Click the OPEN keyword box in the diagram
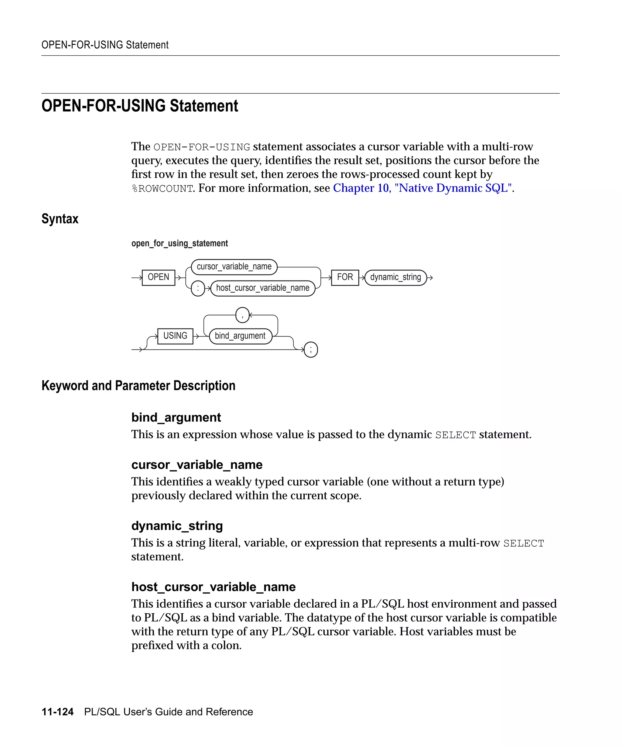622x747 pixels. [x=158, y=277]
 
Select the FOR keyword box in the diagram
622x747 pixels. [x=345, y=277]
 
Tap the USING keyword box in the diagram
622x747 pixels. [x=175, y=336]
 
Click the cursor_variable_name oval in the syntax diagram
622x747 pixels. [x=234, y=267]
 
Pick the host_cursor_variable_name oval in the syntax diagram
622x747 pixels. [x=263, y=288]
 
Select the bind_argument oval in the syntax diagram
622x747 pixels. [x=240, y=336]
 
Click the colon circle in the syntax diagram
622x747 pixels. [x=198, y=288]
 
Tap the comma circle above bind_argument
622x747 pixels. [x=242, y=315]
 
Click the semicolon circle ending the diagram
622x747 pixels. [x=311, y=350]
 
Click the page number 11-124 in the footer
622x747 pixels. [x=58, y=712]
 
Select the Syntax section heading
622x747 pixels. [x=60, y=219]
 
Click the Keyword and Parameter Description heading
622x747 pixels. [x=138, y=386]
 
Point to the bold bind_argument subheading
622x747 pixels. [x=176, y=417]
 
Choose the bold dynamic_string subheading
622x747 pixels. [x=177, y=526]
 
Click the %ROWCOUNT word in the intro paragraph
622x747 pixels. [x=162, y=188]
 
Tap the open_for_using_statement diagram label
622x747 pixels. [x=179, y=243]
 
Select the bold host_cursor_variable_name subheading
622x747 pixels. [x=213, y=587]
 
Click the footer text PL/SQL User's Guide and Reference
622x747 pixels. [x=169, y=712]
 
